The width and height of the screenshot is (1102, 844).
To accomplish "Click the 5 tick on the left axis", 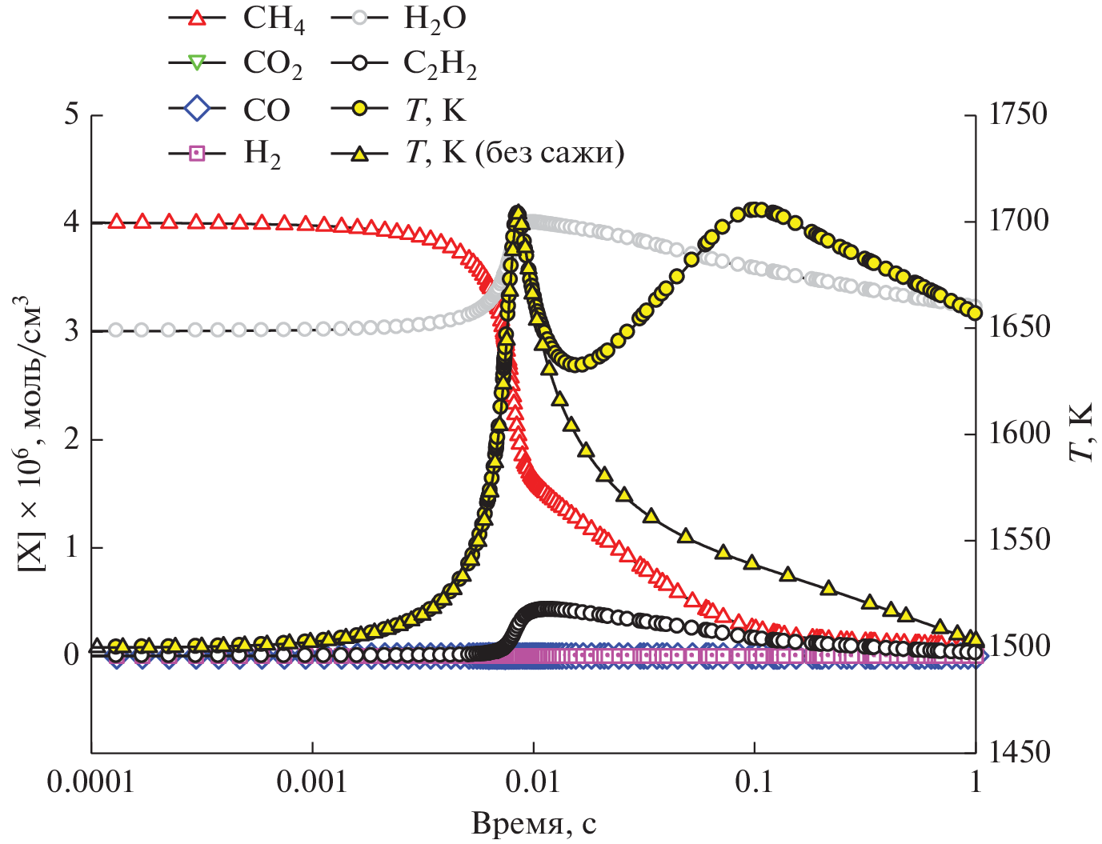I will pos(72,114).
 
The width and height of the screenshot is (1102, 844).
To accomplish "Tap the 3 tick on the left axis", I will pos(72,330).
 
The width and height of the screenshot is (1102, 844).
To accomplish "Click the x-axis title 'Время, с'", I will pos(534,823).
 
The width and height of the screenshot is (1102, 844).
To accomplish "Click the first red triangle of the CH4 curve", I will pos(117,222).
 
